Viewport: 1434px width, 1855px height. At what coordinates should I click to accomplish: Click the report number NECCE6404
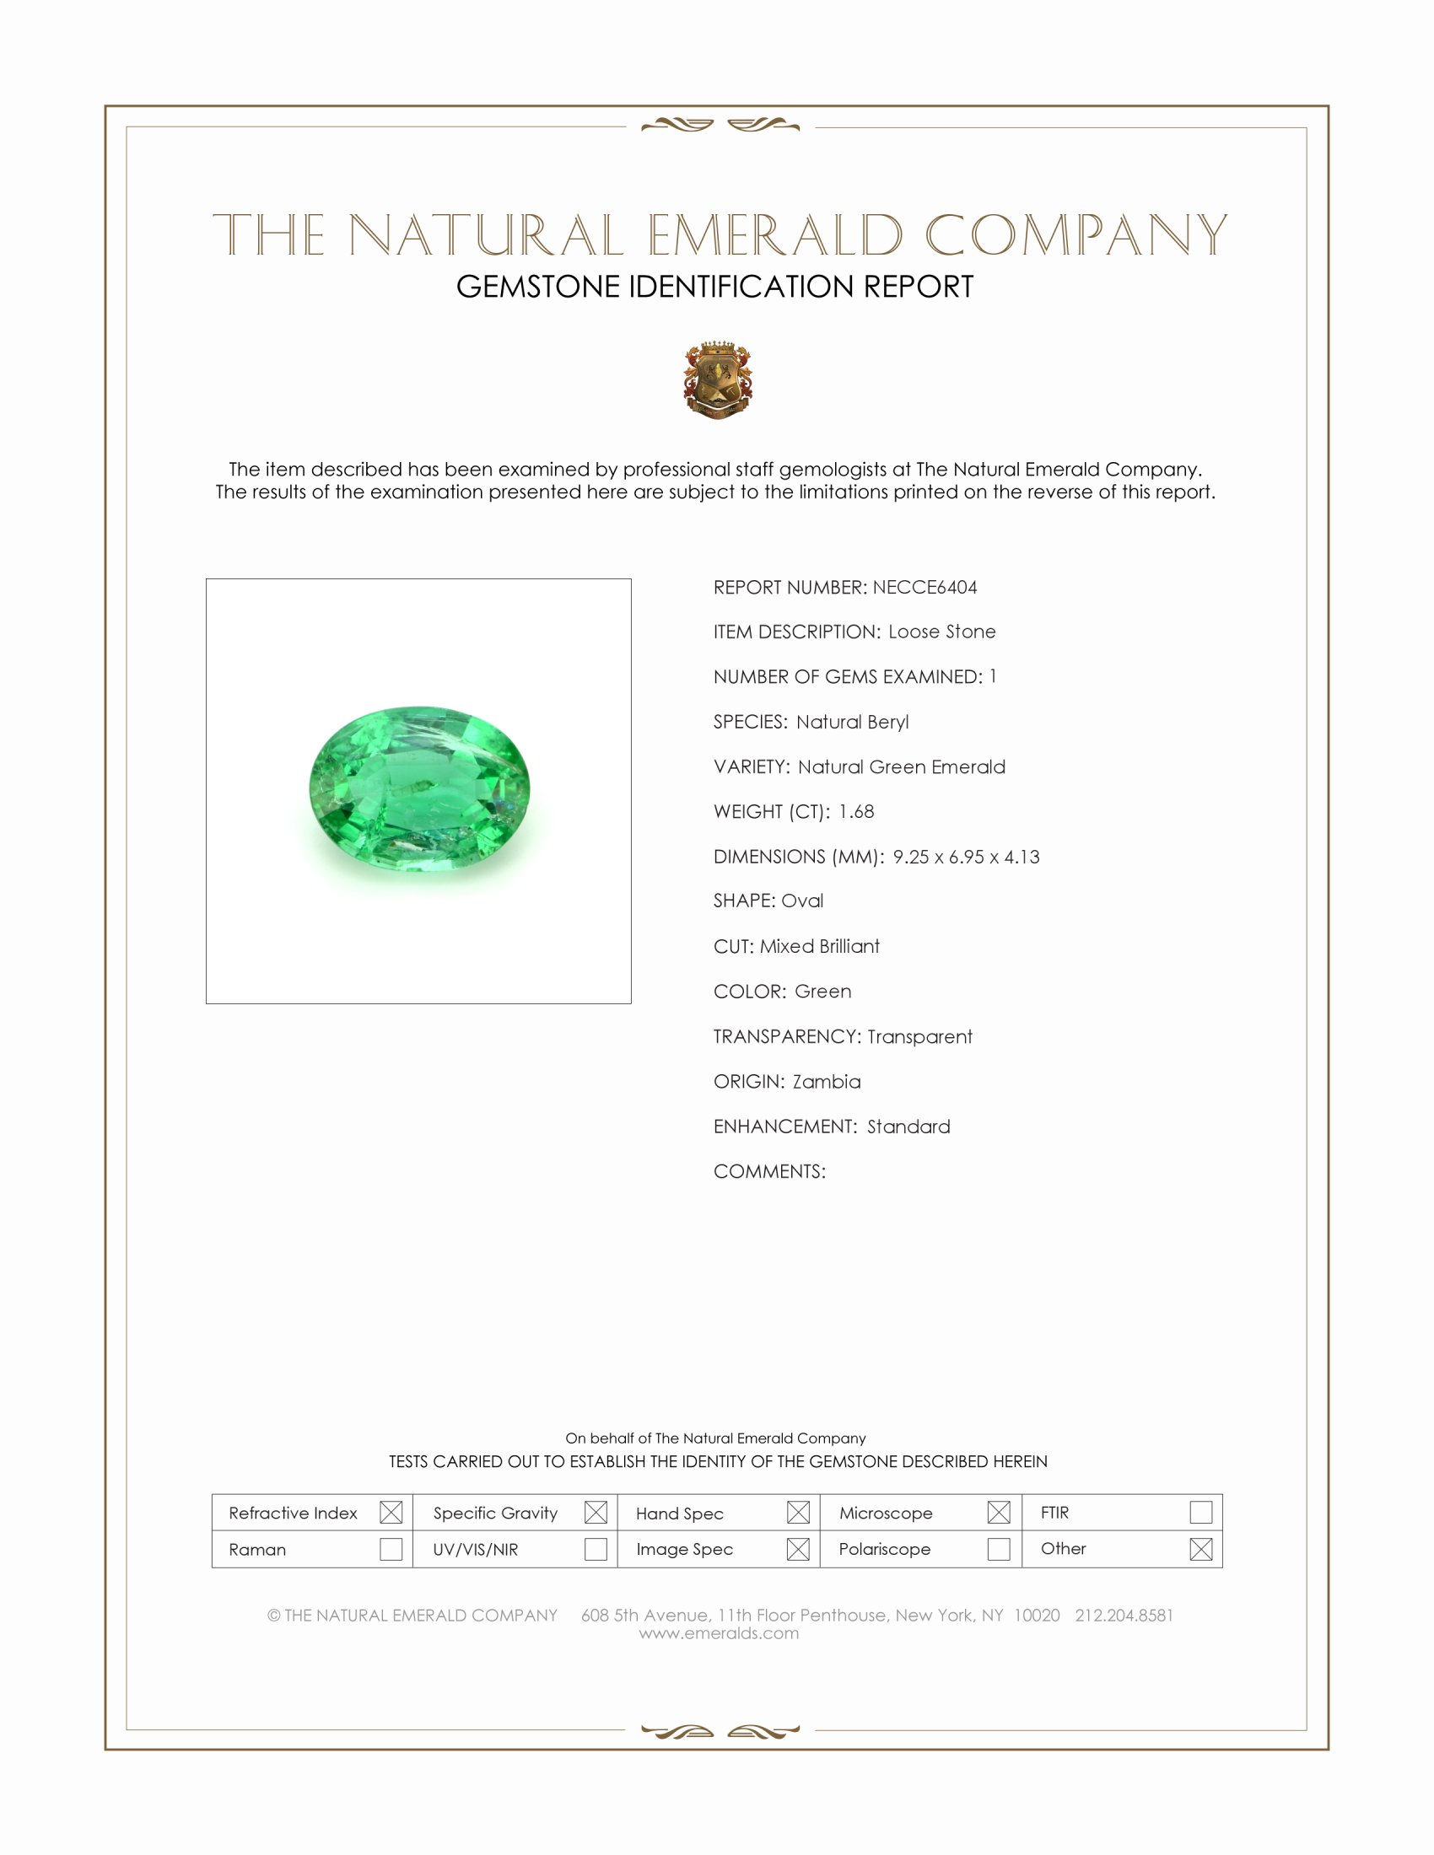click(x=925, y=587)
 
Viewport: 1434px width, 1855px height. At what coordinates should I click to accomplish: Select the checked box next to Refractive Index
click(x=391, y=1512)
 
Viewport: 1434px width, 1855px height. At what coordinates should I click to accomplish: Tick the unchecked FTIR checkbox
click(x=1200, y=1512)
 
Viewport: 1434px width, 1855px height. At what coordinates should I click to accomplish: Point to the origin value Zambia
click(x=827, y=1081)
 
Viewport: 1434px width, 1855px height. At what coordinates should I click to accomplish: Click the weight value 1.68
click(x=855, y=811)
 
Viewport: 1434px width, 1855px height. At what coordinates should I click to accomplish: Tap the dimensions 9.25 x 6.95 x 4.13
click(x=966, y=856)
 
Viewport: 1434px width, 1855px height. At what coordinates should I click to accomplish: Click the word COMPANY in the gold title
click(x=1075, y=235)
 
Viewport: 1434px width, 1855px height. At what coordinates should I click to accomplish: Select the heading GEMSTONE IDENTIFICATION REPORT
click(x=714, y=287)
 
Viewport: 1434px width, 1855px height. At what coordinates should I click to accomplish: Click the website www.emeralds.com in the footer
click(x=719, y=1632)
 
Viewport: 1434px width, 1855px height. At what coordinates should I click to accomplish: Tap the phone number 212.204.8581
click(x=1123, y=1615)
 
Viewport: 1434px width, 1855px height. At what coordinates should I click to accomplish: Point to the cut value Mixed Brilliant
click(x=819, y=946)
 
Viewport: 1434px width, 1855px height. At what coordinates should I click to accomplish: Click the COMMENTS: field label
click(x=768, y=1171)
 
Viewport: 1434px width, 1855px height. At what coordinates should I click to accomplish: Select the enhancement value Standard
click(x=908, y=1126)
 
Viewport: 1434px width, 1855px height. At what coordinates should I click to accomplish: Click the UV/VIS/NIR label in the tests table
click(x=476, y=1549)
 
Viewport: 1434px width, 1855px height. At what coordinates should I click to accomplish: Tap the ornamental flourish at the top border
click(x=720, y=126)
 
